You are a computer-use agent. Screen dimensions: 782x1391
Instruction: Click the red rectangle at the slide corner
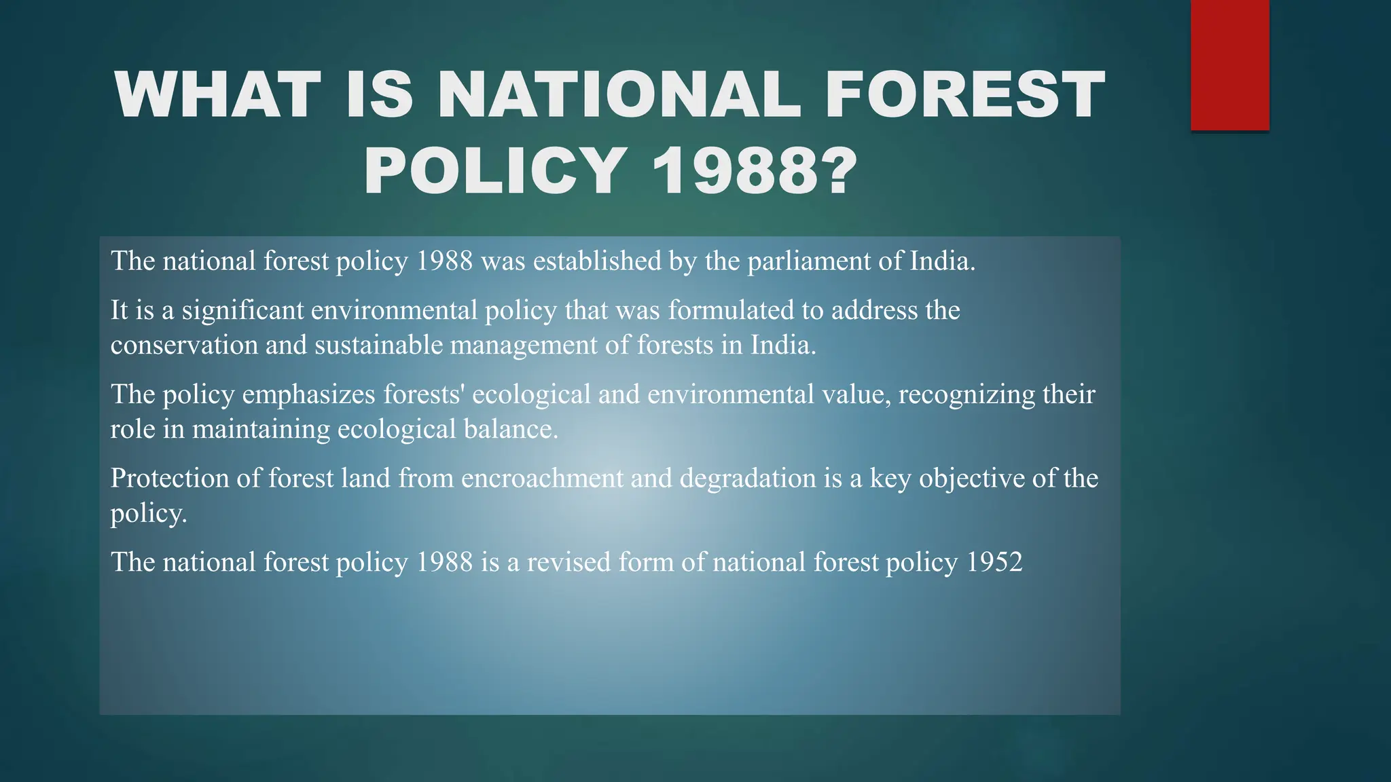[x=1229, y=65]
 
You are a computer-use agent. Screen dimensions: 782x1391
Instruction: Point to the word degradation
[x=747, y=479]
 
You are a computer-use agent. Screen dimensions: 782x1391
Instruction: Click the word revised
[x=568, y=563]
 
